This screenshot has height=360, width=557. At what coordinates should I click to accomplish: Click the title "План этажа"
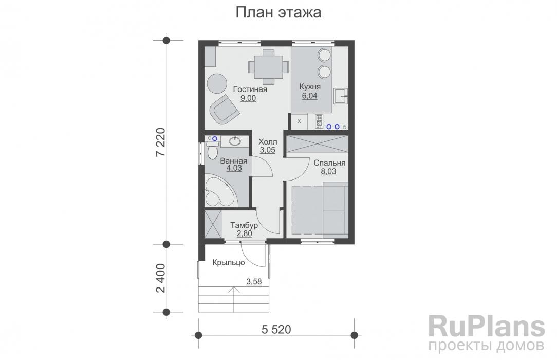278,13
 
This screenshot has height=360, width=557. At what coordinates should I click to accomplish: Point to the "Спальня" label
329,163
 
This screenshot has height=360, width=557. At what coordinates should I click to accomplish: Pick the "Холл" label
267,141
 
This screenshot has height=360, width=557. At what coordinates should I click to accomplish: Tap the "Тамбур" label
245,225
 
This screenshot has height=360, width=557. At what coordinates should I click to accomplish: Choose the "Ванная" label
234,160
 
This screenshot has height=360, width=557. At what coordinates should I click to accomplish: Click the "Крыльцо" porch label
229,262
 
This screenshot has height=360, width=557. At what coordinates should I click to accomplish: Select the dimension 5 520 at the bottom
276,328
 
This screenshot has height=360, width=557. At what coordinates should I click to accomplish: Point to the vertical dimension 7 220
160,141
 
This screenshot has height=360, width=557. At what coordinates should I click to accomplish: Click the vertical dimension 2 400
160,277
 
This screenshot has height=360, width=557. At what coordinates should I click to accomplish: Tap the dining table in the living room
268,66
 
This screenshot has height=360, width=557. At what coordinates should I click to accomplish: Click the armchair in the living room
224,109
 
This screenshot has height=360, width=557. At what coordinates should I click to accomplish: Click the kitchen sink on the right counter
341,96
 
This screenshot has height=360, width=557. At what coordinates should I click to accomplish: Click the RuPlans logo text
486,327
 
